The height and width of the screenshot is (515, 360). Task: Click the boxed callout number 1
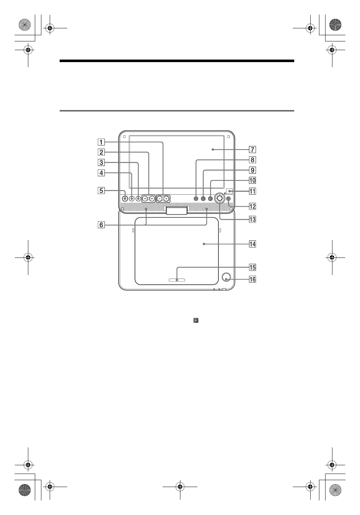coord(103,142)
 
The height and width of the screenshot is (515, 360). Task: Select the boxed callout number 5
coord(103,190)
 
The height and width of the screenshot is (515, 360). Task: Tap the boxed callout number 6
coord(103,225)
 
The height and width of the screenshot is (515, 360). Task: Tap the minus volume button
coord(160,199)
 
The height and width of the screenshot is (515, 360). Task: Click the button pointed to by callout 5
coord(125,199)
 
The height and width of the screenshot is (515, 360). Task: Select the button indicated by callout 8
coord(196,199)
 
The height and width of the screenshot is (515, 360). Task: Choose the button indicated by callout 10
coord(210,199)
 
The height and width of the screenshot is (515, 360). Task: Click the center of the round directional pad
coord(219,198)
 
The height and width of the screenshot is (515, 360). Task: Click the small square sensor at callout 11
coord(229,191)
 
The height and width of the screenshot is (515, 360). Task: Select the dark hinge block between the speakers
coord(177,210)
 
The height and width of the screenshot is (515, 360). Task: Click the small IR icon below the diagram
coord(196,321)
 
